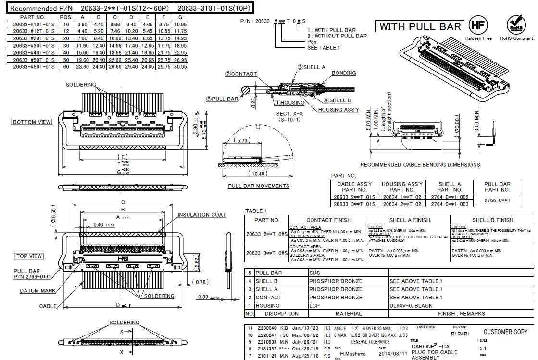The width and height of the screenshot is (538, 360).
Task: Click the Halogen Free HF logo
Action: pos(477,25)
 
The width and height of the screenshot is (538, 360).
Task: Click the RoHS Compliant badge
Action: pos(516,25)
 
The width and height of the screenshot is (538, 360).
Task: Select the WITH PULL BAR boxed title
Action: pos(420,26)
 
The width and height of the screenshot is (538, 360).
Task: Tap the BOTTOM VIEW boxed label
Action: pos(32,122)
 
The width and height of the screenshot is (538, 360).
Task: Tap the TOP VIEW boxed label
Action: pos(28,256)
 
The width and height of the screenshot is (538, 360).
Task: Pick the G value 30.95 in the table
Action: pos(180,67)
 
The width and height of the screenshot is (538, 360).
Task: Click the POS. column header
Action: pos(65,17)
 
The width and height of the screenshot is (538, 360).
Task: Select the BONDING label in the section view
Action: pos(344,73)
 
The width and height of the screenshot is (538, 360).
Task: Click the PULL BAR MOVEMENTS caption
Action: pos(259,186)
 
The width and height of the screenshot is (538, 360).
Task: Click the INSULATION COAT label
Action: pos(201,215)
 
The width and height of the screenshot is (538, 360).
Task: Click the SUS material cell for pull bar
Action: pos(315,273)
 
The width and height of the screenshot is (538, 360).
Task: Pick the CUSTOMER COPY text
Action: pos(505,332)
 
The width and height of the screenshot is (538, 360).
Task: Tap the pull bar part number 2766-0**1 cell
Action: pos(497,200)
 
